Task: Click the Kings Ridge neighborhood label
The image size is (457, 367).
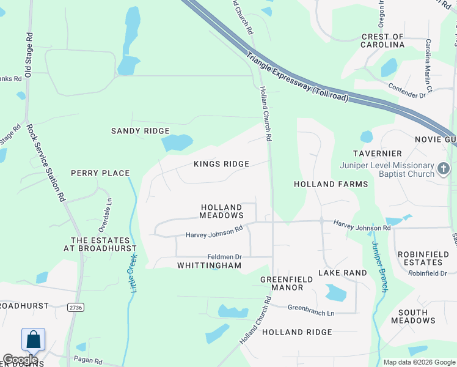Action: click(x=221, y=164)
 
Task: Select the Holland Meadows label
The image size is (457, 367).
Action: click(x=222, y=212)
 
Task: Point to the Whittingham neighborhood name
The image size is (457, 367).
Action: click(x=209, y=265)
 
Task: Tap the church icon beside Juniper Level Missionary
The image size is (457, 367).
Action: click(x=444, y=167)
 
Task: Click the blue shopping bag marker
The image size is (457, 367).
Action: click(x=33, y=339)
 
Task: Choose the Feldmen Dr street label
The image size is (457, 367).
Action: click(x=225, y=257)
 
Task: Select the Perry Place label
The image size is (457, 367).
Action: click(x=93, y=173)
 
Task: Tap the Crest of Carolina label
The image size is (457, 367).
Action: click(x=383, y=41)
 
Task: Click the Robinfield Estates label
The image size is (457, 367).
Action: click(x=427, y=258)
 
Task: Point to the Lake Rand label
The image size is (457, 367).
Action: click(x=343, y=273)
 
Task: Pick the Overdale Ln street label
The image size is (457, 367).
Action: click(x=104, y=209)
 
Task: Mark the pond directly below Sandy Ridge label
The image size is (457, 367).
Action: click(x=175, y=143)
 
